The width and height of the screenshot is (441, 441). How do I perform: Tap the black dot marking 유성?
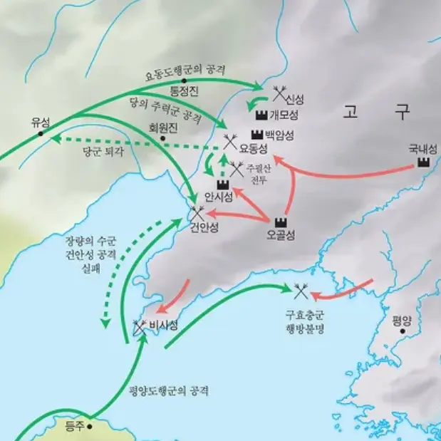click(x=41, y=133)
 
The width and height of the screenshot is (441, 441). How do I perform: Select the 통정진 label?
click(x=184, y=93)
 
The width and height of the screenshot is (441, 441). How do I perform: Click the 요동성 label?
click(x=253, y=148)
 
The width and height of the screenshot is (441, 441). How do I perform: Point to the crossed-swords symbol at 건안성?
click(x=197, y=212)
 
